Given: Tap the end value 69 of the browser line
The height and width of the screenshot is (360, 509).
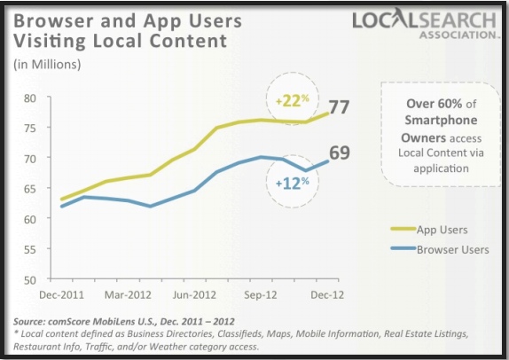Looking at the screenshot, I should click(x=340, y=153).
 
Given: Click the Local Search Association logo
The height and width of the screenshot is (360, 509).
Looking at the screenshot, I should click(x=424, y=25).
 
